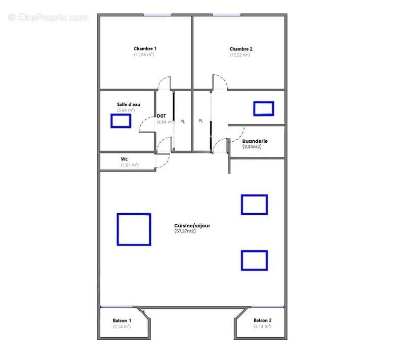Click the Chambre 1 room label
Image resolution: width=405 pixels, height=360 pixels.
144,49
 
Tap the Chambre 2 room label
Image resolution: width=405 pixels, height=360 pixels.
240,49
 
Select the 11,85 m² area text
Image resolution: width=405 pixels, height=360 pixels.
144,55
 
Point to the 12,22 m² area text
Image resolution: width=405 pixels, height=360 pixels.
239,55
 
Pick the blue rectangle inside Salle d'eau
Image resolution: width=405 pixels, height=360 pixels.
121,121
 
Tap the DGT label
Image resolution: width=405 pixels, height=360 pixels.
161,116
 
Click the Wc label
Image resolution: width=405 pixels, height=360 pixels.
124,159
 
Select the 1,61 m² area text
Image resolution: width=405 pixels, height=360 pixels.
130,165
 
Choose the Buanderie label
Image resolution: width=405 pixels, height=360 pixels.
255,141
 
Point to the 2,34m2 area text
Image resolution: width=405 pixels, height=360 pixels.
255,146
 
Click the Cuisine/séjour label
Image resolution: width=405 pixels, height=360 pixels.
192,225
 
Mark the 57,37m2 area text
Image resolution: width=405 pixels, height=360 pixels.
185,231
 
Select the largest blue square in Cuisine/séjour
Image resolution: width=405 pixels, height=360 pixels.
134,229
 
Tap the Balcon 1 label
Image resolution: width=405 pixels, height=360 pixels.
122,321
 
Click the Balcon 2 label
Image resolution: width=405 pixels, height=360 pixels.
263,321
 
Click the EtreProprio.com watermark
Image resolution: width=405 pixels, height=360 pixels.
48,17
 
